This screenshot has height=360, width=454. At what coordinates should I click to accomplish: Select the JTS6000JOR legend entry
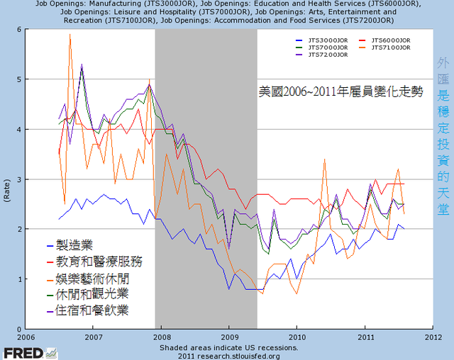(387, 40)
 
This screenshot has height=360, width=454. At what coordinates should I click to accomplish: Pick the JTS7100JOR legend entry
(387, 47)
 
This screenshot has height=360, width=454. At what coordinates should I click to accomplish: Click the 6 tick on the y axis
(20, 29)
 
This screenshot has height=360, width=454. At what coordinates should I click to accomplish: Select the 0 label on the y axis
(20, 329)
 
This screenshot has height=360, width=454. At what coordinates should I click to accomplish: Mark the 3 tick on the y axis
(20, 179)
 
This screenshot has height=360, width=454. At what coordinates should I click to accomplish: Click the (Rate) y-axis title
(8, 179)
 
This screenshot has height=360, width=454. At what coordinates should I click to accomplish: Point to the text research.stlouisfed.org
(238, 355)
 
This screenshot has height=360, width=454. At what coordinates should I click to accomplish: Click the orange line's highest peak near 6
(70, 34)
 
